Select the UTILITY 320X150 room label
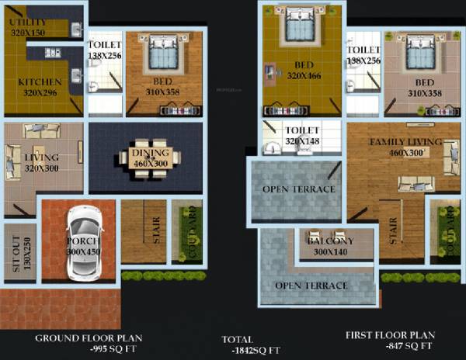[28, 28]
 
